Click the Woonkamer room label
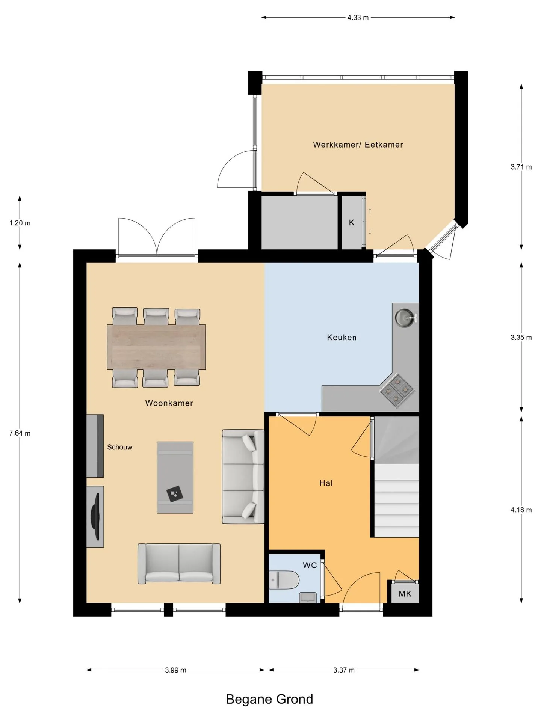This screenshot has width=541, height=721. [169, 403]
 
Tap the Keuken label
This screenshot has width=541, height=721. [342, 337]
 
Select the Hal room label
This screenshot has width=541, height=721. [326, 483]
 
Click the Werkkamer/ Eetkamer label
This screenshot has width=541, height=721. [358, 145]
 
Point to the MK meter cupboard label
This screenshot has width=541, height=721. [405, 594]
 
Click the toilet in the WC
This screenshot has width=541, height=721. [284, 580]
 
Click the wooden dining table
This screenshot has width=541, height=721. [156, 347]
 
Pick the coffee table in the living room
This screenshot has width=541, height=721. [175, 477]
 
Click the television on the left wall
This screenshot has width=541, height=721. [96, 517]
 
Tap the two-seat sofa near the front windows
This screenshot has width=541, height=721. [179, 563]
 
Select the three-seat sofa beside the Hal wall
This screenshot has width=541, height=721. [243, 477]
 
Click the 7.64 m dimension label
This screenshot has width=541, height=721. [20, 433]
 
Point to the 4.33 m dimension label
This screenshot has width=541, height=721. [358, 17]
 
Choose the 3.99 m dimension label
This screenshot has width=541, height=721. [175, 670]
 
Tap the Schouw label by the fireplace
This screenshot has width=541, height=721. [120, 447]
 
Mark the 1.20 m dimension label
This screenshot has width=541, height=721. [20, 223]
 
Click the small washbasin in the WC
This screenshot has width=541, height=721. [308, 597]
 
